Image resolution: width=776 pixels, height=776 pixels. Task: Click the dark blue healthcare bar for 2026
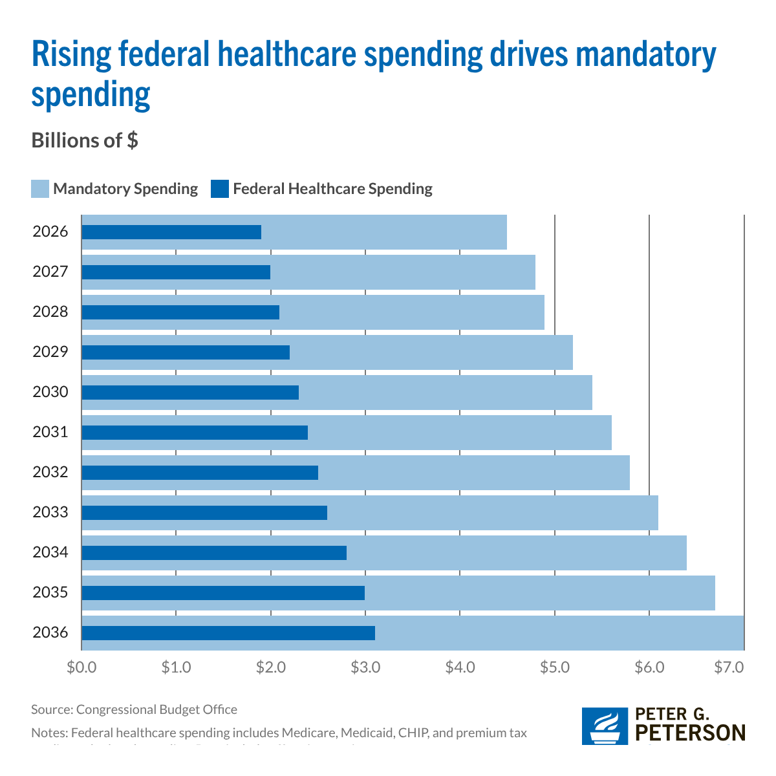point(171,232)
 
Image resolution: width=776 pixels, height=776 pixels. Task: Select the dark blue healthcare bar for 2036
point(228,633)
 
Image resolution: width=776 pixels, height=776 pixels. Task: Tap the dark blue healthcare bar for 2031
point(194,433)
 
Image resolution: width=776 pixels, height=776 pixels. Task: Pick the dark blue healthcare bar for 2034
point(213,553)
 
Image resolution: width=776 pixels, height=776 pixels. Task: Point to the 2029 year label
point(50,352)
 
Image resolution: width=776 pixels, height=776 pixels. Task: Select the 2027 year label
point(50,272)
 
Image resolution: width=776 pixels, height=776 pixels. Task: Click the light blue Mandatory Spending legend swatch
point(40,189)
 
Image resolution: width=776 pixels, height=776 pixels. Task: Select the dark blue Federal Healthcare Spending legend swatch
point(220,189)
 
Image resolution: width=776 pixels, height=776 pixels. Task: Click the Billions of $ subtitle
point(85,140)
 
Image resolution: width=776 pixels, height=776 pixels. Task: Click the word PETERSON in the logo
point(691,733)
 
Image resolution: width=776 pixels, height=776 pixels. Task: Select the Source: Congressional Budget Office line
point(134,709)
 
